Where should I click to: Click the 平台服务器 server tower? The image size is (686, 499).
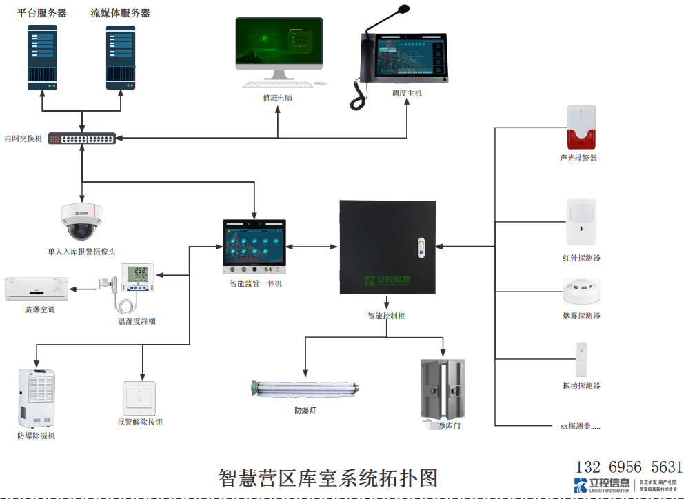click(x=43, y=58)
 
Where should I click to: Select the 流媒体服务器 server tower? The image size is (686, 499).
click(x=121, y=58)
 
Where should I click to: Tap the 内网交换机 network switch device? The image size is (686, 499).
click(x=82, y=138)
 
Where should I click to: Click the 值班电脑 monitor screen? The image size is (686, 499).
click(x=279, y=42)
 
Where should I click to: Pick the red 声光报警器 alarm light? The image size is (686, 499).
click(x=581, y=128)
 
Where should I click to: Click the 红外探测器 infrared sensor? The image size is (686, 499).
click(x=581, y=222)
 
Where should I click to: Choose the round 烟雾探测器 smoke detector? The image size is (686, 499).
click(x=581, y=292)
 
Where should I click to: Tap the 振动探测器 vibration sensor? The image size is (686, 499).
click(x=581, y=359)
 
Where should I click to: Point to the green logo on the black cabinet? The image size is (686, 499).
click(x=387, y=280)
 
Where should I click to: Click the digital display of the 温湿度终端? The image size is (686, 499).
click(x=141, y=273)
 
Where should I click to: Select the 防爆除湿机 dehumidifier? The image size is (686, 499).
click(x=37, y=398)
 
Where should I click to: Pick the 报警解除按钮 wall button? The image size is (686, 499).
click(x=139, y=398)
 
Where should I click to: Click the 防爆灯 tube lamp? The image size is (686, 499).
click(x=305, y=389)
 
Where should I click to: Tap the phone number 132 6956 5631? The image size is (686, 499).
click(x=628, y=467)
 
